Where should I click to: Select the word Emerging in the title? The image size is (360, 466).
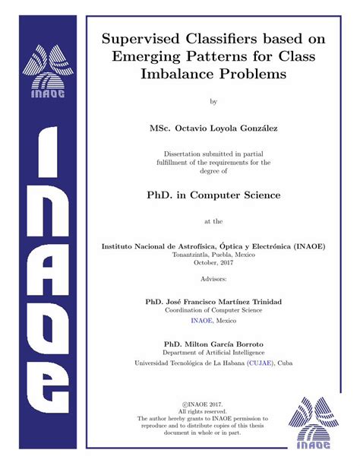coord(149,55)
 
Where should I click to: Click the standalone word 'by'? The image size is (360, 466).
coord(213,100)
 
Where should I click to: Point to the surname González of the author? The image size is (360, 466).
coord(257,128)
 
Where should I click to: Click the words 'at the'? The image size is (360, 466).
coord(213,222)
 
